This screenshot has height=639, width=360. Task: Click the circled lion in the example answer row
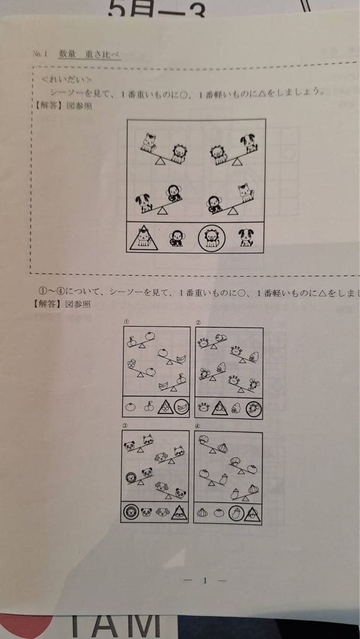[x=211, y=238]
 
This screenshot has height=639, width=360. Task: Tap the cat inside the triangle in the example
[x=142, y=238]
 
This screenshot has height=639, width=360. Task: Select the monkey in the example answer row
[x=176, y=238]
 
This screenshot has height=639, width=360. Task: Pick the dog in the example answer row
[x=245, y=238]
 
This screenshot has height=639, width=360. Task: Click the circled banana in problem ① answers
[x=182, y=407]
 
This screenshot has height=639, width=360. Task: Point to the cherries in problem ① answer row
[x=149, y=407]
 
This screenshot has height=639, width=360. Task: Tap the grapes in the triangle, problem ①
[x=166, y=407]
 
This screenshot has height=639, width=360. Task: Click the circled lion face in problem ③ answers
[x=130, y=512]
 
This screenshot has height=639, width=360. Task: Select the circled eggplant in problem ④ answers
[x=236, y=514]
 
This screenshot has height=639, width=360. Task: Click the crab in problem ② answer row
[x=204, y=407]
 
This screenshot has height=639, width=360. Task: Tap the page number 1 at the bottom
[x=205, y=580]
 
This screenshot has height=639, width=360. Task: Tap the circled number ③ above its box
[x=125, y=425]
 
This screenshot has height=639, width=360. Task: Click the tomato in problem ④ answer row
[x=219, y=514]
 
